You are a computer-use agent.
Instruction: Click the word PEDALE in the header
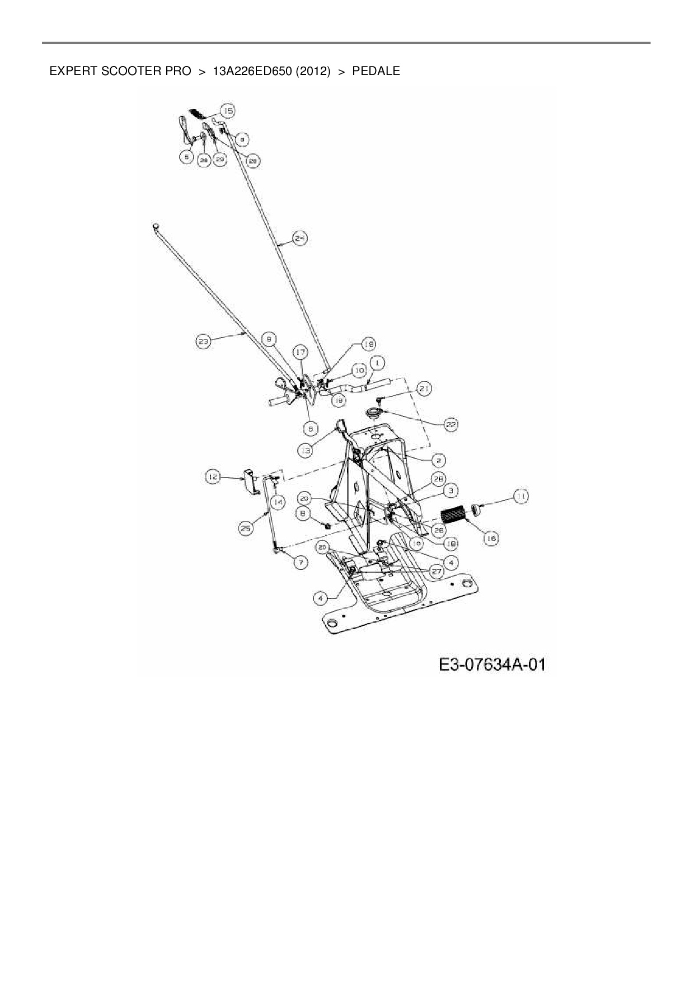(376, 72)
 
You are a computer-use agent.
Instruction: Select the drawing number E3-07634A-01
(492, 665)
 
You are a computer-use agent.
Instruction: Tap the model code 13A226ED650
(252, 72)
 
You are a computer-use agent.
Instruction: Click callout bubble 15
(227, 110)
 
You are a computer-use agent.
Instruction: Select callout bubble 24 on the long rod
(300, 239)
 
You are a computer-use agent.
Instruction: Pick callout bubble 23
(203, 341)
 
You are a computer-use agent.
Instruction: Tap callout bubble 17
(301, 352)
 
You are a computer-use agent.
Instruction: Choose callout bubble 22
(451, 425)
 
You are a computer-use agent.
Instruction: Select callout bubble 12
(212, 477)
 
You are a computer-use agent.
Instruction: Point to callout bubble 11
(521, 496)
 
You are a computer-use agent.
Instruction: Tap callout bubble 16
(491, 538)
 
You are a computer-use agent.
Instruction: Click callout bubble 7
(301, 562)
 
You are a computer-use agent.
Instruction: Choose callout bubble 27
(436, 572)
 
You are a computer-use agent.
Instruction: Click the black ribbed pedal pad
(454, 515)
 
